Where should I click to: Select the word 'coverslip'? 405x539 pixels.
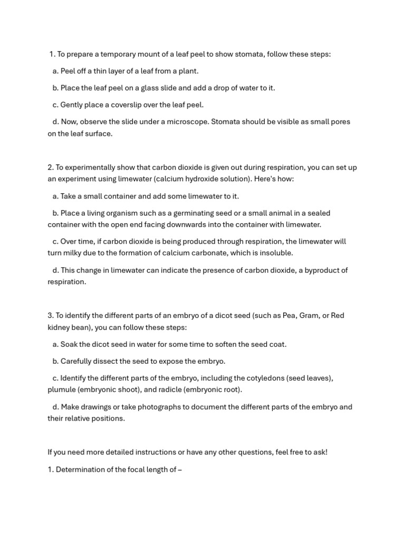(x=138, y=105)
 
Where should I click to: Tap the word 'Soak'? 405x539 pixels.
(x=69, y=344)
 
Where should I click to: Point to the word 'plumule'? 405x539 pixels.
(x=61, y=390)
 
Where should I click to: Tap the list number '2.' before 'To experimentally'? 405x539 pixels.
(x=51, y=167)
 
